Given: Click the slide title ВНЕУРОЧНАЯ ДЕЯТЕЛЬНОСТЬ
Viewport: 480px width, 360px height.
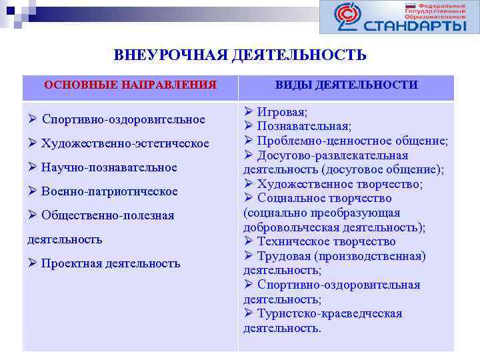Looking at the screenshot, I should coord(240,55).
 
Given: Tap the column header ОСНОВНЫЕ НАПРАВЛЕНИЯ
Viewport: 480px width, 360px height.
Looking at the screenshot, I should coord(130,85).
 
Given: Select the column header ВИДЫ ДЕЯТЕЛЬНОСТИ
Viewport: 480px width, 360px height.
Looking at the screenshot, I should coord(346,85).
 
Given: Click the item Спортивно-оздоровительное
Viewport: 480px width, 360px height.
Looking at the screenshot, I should coord(123,119).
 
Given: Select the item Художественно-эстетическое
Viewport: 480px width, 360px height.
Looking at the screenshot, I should coord(125,143).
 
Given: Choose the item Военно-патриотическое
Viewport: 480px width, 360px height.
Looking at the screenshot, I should coord(109,191).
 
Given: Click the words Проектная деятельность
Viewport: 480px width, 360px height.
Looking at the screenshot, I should coord(111,263).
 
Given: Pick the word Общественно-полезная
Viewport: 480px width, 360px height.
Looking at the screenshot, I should coord(107,215).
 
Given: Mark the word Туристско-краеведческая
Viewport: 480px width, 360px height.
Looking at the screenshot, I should coord(329,313).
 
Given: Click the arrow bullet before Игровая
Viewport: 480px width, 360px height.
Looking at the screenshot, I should coord(248,111).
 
